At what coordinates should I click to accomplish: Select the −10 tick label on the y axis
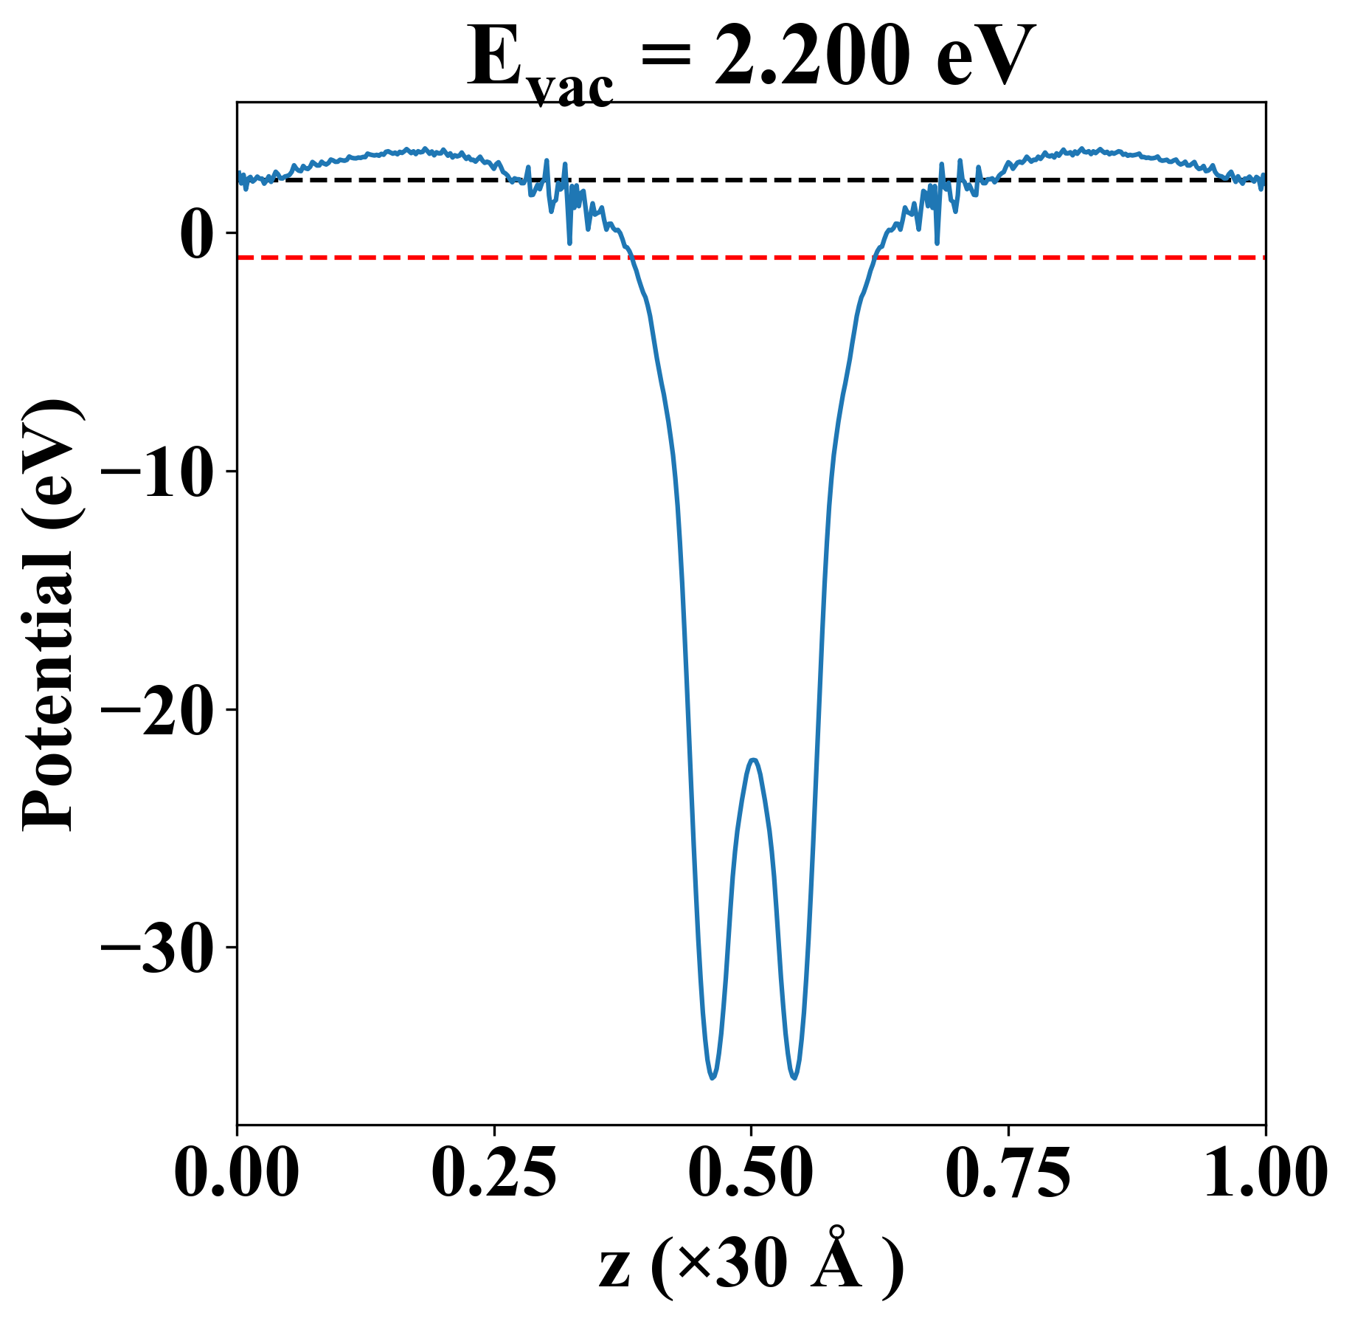[x=156, y=472]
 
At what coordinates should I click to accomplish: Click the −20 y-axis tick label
[x=156, y=710]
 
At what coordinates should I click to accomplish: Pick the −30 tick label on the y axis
[x=156, y=948]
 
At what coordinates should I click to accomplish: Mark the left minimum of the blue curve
[x=713, y=1078]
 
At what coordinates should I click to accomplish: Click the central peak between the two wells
[x=753, y=759]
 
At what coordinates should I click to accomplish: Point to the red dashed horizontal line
[x=751, y=258]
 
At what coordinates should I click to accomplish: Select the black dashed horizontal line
[x=751, y=179]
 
